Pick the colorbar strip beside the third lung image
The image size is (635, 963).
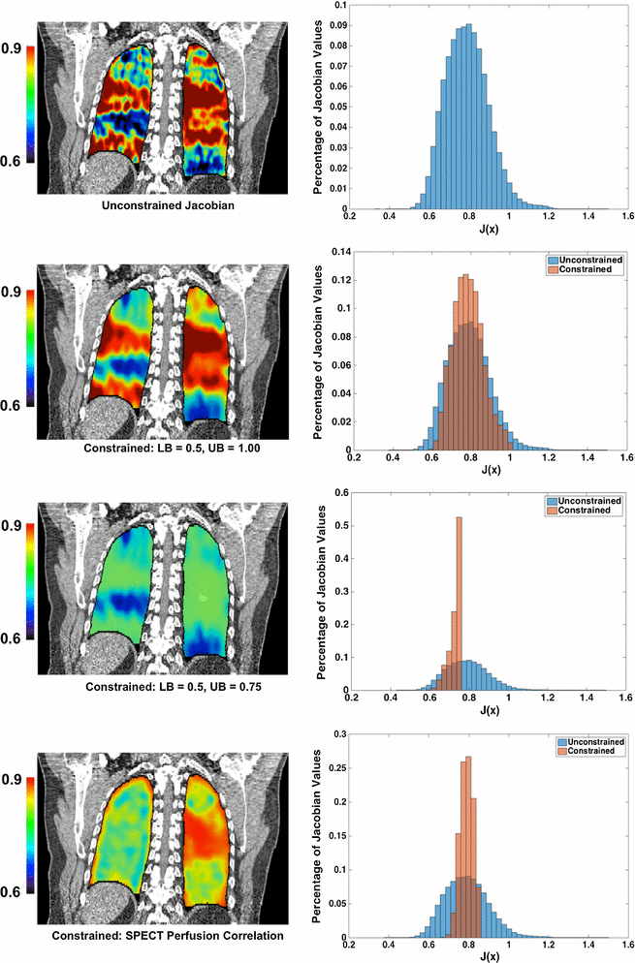click(31, 581)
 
